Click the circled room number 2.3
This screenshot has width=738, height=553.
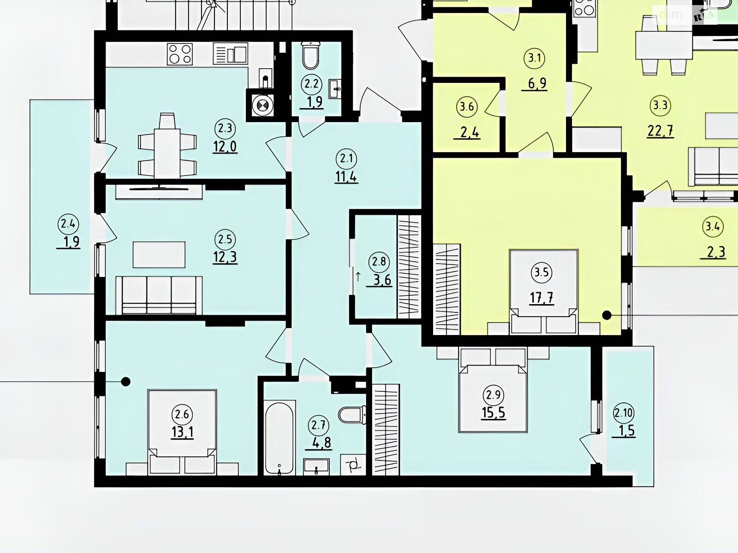225,128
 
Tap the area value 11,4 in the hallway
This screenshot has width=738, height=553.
346,176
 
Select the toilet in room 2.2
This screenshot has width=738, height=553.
311,55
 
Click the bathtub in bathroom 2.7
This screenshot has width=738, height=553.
280,437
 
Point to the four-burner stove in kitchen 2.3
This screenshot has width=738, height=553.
180,54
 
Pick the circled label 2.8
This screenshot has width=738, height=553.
379,262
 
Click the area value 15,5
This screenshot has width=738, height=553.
493,412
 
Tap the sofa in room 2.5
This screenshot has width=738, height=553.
159,295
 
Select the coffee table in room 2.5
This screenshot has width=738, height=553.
159,254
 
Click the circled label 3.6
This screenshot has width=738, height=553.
467,107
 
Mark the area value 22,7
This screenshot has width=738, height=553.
661,130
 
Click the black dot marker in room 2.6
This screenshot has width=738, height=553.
126,382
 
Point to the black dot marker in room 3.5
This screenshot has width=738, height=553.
607,315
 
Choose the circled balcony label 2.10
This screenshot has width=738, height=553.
624,412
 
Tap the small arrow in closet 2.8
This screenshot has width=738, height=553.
358,276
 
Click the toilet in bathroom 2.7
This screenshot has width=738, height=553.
352,415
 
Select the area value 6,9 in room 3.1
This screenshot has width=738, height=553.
537,83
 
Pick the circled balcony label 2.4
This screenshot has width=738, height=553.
68,224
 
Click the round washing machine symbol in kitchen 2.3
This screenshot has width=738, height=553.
263,106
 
